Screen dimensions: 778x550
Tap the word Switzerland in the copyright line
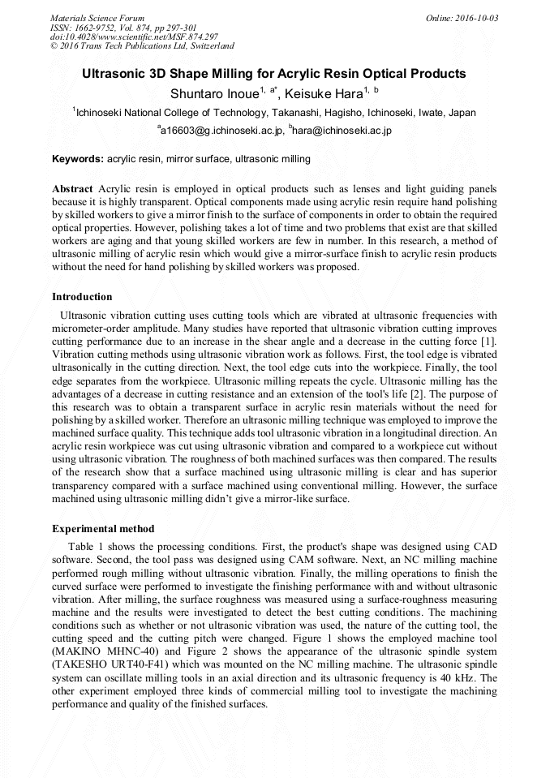[208, 47]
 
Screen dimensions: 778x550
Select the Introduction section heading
[82, 297]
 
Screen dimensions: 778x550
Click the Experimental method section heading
[103, 529]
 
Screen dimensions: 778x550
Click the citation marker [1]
[488, 342]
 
